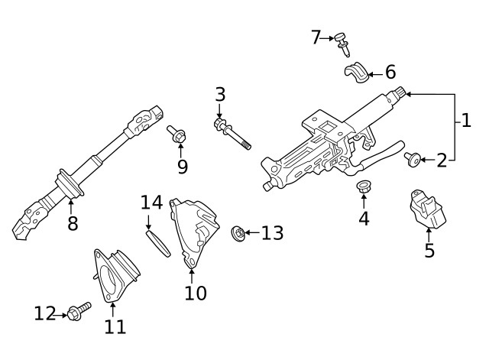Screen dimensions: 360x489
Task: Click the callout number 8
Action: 73,224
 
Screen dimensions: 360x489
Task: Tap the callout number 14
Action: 151,203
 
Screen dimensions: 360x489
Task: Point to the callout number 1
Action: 465,120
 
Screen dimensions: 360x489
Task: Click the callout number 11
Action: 115,326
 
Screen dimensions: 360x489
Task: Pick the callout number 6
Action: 390,73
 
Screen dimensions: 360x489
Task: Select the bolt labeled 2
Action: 412,158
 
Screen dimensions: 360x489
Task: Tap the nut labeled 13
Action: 238,232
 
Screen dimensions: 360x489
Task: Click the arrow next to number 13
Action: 251,232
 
